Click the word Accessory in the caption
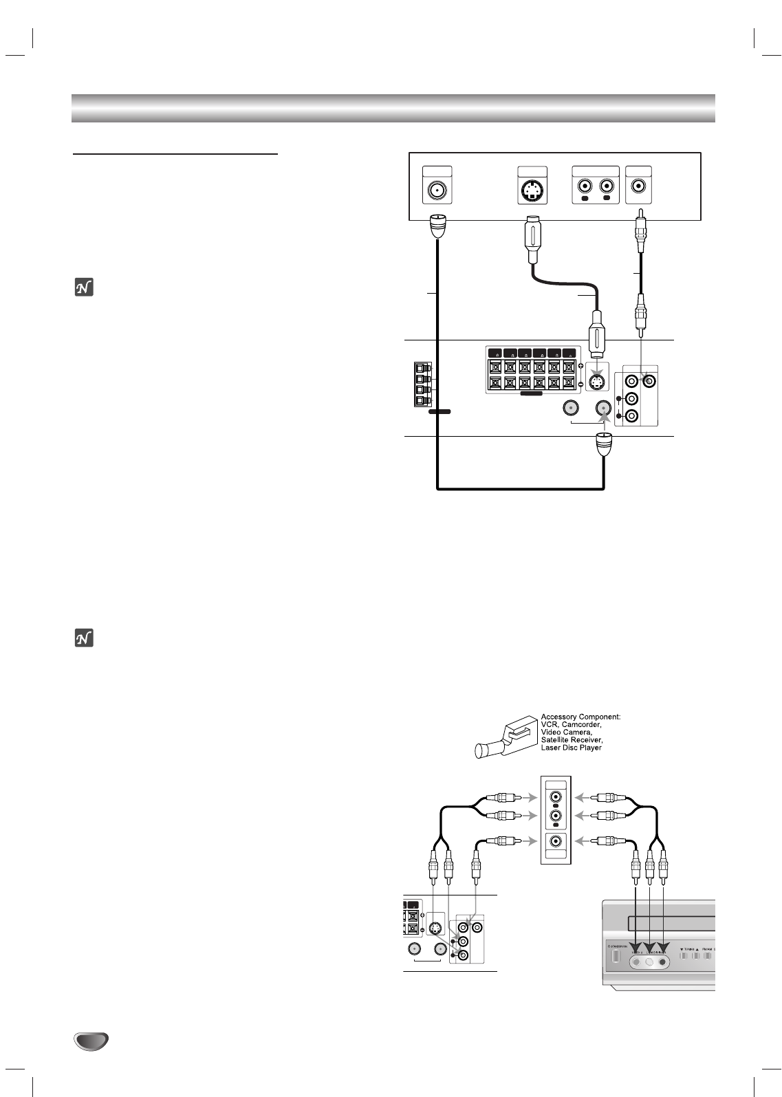coord(558,717)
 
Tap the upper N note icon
coord(83,287)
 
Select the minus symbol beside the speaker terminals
coord(581,383)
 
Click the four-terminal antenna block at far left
coord(421,383)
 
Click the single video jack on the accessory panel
coord(555,840)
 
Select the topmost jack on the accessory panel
coord(555,798)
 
